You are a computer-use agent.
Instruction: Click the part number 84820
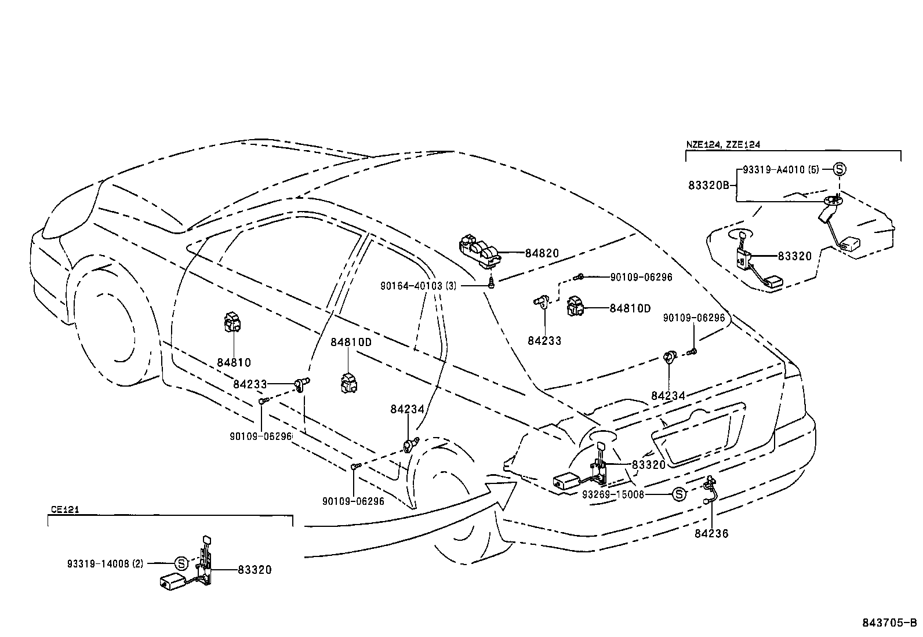coord(542,253)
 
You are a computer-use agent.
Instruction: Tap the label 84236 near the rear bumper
coord(711,533)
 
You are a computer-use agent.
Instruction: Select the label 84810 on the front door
coord(234,363)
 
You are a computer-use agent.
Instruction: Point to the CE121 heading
coord(64,509)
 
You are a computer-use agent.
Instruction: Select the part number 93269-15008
coord(613,494)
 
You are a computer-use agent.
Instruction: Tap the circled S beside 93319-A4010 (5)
coord(840,169)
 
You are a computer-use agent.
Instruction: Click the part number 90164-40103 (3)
coord(419,286)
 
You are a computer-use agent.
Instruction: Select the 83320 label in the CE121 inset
coord(254,570)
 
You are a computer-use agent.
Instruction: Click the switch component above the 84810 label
coord(233,322)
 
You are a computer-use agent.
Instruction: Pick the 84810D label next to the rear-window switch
coord(630,308)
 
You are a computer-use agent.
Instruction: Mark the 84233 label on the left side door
coord(250,384)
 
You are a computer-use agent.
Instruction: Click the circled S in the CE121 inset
coord(181,563)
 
